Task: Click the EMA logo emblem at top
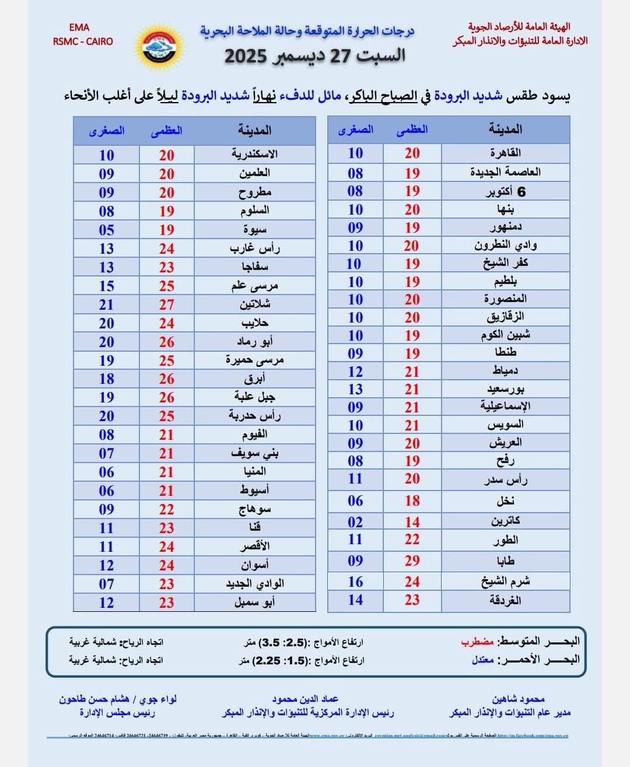tap(159, 46)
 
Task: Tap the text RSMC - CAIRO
tap(83, 41)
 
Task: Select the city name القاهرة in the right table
tap(505, 153)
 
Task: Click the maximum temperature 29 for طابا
tap(412, 561)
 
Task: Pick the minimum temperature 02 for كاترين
tap(355, 522)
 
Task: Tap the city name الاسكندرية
tap(254, 154)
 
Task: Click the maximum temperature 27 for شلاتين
tap(167, 304)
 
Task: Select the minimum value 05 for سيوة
tap(106, 230)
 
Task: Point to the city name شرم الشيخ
tap(505, 582)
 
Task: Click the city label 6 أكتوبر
tap(505, 191)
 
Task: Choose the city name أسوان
tap(254, 565)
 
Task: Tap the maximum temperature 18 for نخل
tap(412, 500)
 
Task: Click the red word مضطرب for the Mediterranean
tap(477, 642)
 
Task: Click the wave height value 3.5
tap(270, 642)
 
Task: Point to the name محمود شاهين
tap(518, 699)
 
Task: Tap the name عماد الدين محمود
tap(304, 699)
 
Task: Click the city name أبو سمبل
tap(254, 602)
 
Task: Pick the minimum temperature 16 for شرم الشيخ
tap(355, 582)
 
